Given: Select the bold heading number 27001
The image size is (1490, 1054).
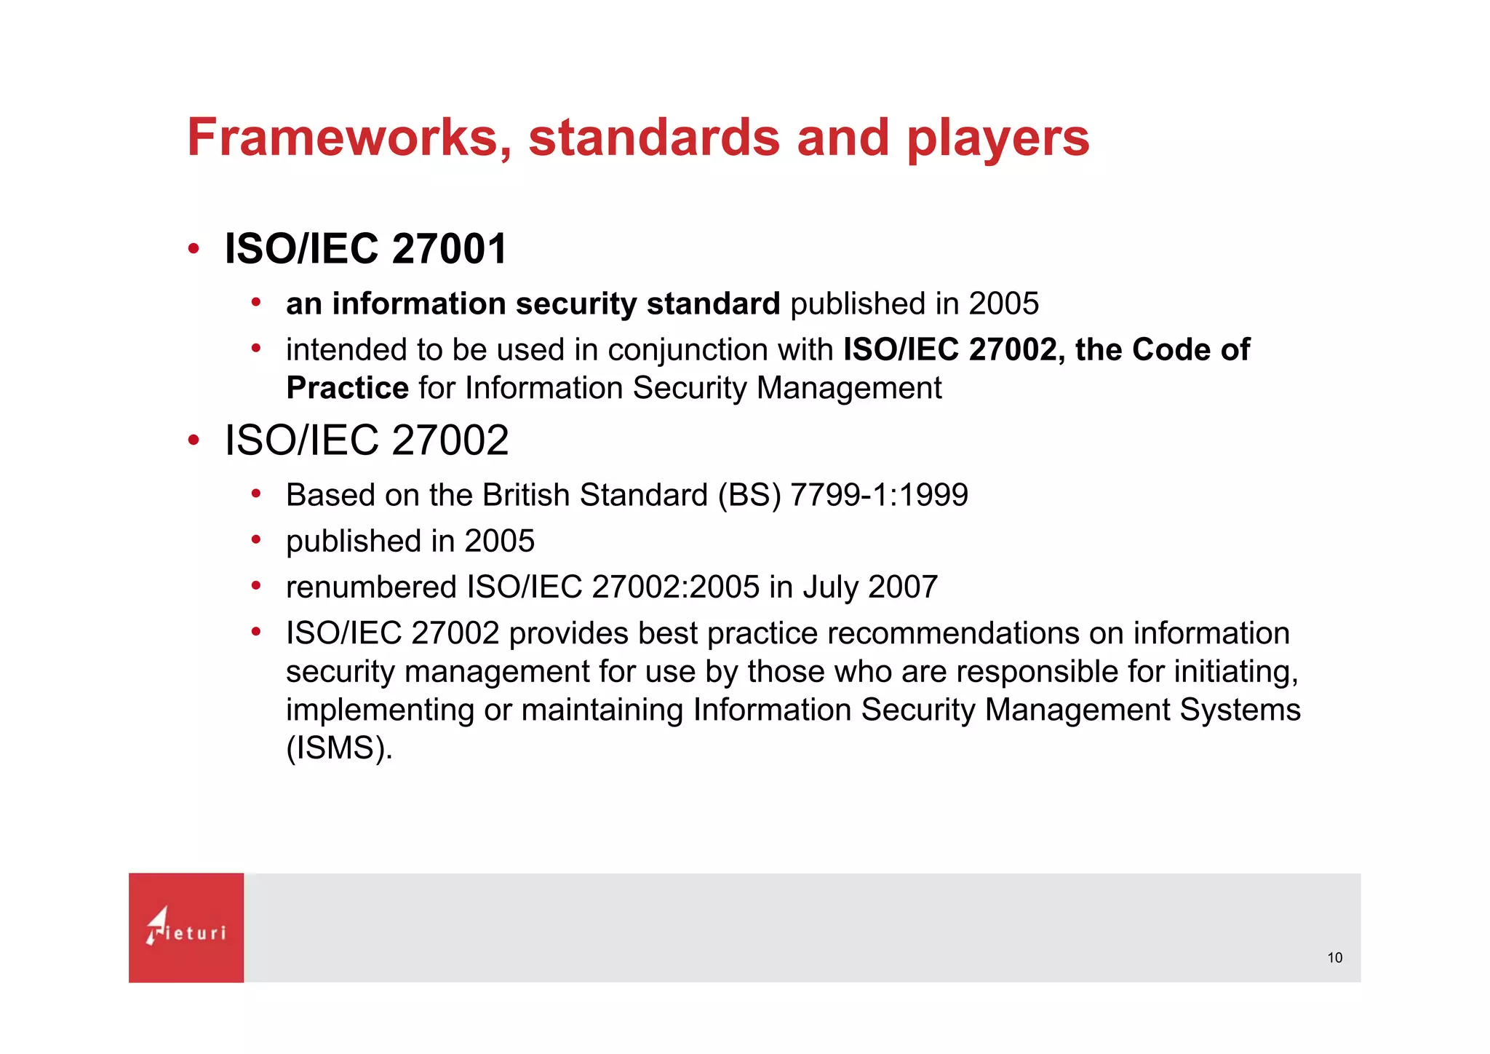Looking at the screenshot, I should tap(449, 249).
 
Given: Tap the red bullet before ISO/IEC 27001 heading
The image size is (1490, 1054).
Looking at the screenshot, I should tap(194, 249).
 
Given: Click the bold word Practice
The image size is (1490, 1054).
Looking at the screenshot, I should tap(347, 388).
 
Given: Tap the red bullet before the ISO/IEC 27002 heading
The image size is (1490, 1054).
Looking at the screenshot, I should tap(194, 440).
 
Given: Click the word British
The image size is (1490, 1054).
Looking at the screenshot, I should tap(526, 495).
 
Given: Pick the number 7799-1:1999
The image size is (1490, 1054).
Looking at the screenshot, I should tap(879, 495).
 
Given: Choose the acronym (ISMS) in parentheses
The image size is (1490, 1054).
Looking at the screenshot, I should tap(339, 748).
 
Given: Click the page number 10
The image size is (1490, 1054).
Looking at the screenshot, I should tap(1334, 958).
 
